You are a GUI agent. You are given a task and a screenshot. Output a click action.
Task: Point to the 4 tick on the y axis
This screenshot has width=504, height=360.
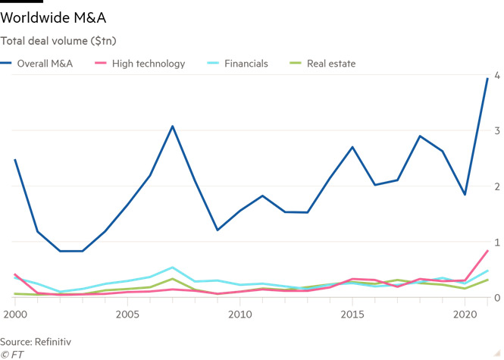[x=496, y=76]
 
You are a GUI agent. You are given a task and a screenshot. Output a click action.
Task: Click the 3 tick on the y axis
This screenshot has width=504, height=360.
[x=496, y=131]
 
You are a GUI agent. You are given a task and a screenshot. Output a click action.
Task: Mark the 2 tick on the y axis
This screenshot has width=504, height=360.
[x=496, y=186]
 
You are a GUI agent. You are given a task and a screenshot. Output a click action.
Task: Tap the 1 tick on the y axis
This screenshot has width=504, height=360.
[x=496, y=242]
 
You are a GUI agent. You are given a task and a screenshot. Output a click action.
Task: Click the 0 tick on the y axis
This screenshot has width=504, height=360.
[x=496, y=298]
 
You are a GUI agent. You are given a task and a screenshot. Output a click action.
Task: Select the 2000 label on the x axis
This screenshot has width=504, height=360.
[x=15, y=314]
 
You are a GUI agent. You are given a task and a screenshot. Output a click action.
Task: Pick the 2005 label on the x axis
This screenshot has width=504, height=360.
[x=127, y=314]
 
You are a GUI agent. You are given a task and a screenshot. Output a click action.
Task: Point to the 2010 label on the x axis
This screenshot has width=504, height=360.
[x=239, y=314]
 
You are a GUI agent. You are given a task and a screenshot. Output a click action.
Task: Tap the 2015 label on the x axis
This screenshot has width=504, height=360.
[x=352, y=314]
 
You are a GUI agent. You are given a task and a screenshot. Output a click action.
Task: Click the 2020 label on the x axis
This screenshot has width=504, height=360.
[x=464, y=314]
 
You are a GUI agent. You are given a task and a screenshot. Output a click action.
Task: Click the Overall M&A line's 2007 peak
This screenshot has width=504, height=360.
[x=172, y=127]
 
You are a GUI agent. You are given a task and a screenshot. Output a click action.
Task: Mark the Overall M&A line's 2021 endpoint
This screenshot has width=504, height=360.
[x=487, y=78]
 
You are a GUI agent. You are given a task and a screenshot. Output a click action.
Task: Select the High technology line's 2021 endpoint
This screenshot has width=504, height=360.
[x=487, y=251]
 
